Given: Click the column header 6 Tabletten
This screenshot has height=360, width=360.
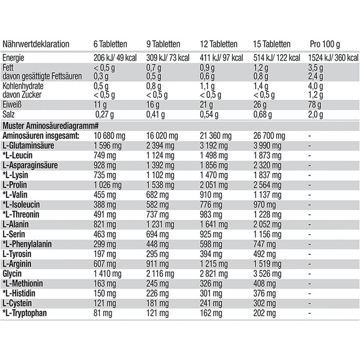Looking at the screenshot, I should point(110,44).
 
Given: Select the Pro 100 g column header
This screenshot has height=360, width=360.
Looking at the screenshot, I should point(325,44).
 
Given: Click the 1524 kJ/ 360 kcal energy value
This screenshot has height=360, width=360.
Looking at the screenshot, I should point(331,58).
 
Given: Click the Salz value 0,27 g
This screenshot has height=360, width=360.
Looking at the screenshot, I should point(107,115).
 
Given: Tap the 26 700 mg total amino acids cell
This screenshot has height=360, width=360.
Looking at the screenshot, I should point(271,135).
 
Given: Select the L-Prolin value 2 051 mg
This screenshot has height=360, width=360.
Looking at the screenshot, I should point(213,185).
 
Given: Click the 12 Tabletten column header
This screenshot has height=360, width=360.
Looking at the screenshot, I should point(217,44).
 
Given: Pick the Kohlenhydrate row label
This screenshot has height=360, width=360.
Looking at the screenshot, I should point(21,85).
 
